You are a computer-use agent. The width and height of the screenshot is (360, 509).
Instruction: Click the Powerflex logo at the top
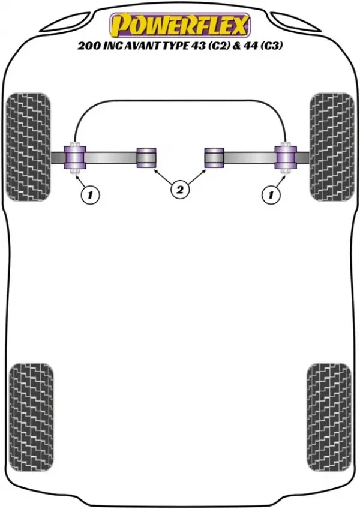click(x=179, y=25)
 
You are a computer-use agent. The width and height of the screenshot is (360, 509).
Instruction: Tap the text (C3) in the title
click(x=268, y=45)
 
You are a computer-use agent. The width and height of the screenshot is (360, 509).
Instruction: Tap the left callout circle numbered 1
click(x=89, y=194)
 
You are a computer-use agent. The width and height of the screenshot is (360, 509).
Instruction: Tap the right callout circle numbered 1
click(x=271, y=194)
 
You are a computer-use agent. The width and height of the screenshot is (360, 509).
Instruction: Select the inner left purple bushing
click(x=146, y=157)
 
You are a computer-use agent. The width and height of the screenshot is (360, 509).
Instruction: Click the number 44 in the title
click(x=249, y=45)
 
